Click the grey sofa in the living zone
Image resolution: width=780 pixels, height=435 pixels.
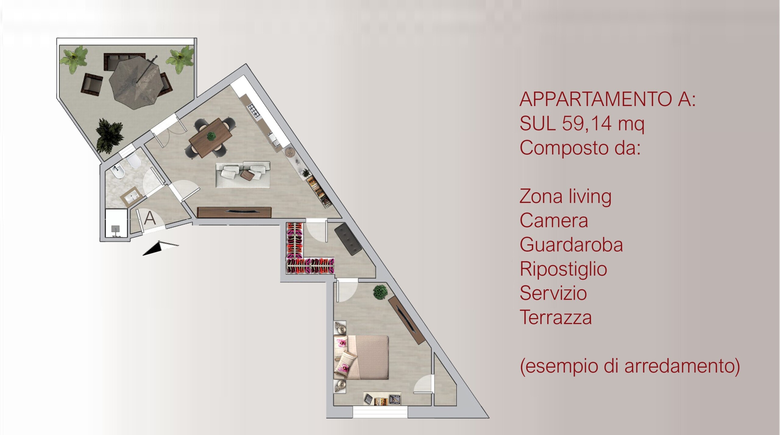coord(243,175)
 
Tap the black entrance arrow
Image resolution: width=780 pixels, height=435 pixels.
coord(161,248)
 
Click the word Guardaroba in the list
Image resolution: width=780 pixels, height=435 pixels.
coord(571,245)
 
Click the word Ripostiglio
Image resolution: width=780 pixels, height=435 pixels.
coord(563,269)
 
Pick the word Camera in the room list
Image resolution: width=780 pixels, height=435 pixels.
coord(554,220)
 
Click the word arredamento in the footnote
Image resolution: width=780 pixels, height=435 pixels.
coord(679,366)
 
